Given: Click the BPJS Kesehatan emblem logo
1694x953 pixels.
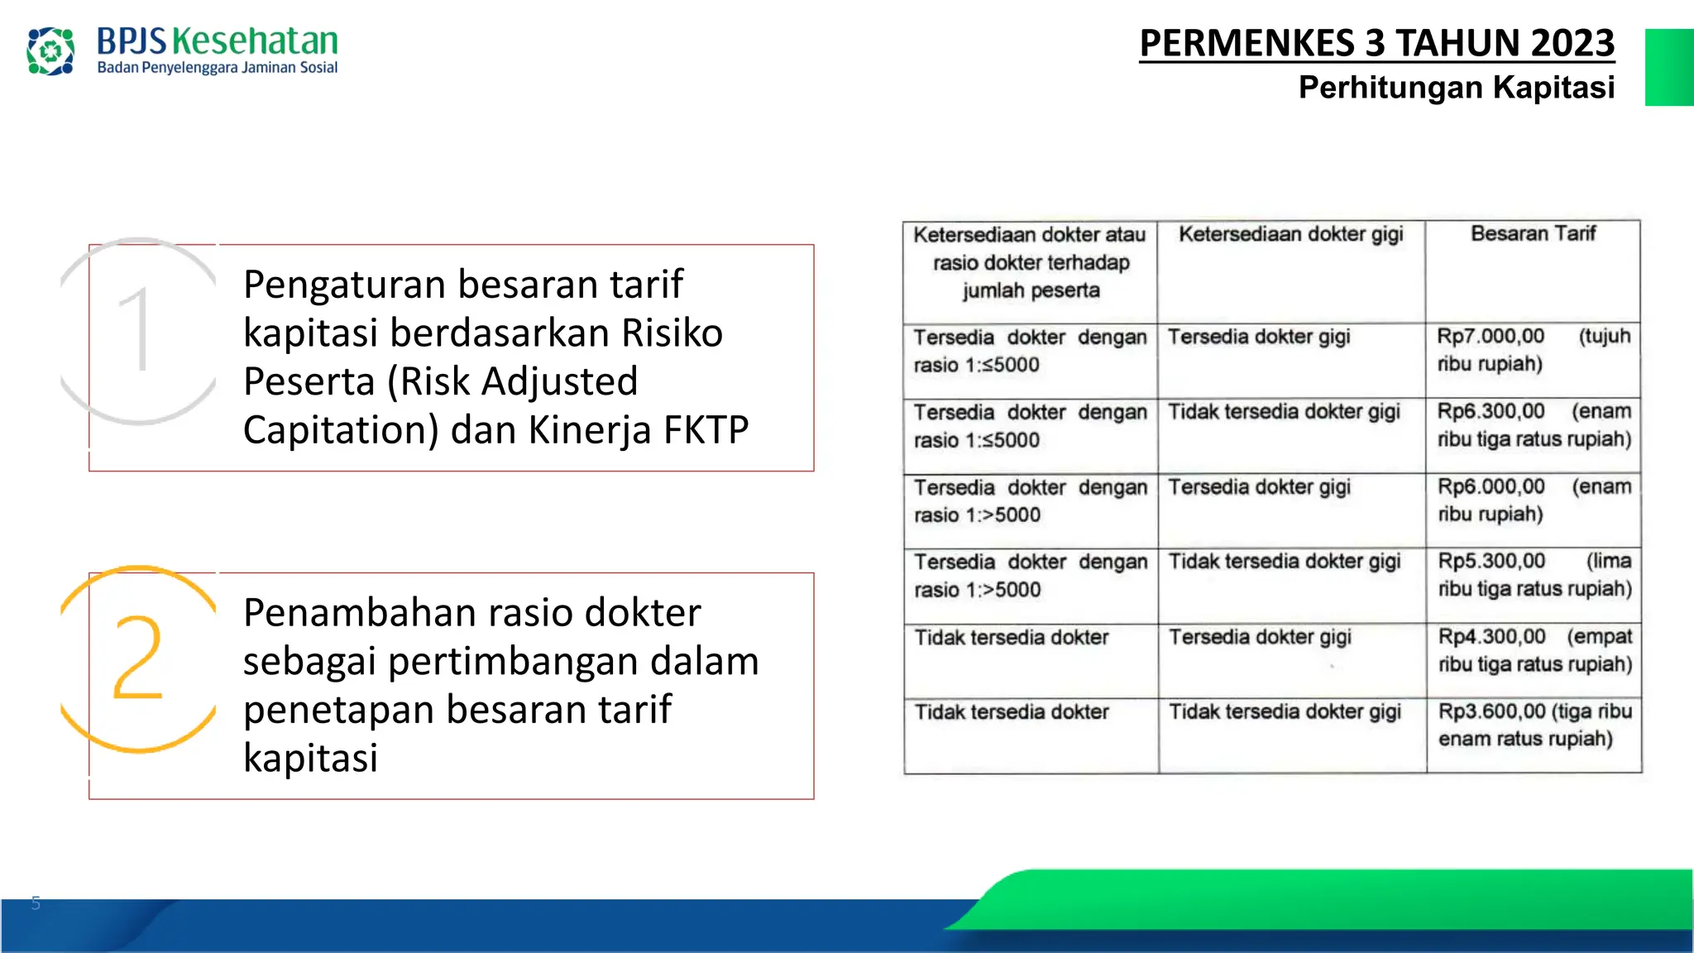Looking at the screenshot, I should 50,51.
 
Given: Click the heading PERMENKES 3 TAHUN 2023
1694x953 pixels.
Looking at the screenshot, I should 1376,43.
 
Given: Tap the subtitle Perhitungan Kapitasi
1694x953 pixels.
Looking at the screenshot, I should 1456,87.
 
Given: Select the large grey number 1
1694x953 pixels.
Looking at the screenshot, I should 135,329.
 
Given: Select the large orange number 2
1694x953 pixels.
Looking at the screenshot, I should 137,658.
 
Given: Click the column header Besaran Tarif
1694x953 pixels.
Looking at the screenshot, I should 1533,234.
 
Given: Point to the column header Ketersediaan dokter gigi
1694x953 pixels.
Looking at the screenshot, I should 1290,235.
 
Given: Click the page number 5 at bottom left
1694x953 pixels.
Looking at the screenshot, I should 36,903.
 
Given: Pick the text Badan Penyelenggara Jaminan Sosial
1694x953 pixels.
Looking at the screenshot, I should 217,68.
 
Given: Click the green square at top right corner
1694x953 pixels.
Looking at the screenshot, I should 1668,67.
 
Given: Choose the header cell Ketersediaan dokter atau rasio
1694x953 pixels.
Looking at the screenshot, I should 1030,262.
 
